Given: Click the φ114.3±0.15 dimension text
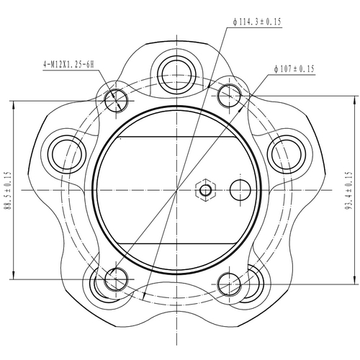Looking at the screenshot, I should point(257,23).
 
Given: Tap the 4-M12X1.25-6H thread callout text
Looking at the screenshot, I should point(69,65).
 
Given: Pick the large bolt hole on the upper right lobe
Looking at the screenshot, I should point(286,153).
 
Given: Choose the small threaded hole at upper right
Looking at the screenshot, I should point(229,94).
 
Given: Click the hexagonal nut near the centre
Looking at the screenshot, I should point(207,190).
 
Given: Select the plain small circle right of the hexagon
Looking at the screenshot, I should point(240,190).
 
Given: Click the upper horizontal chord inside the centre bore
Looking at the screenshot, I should point(177,136).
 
